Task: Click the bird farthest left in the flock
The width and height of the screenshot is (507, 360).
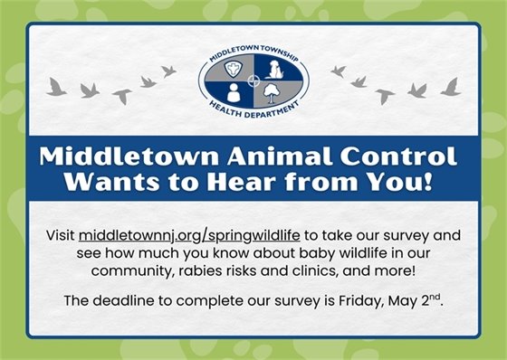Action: point(57,87)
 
